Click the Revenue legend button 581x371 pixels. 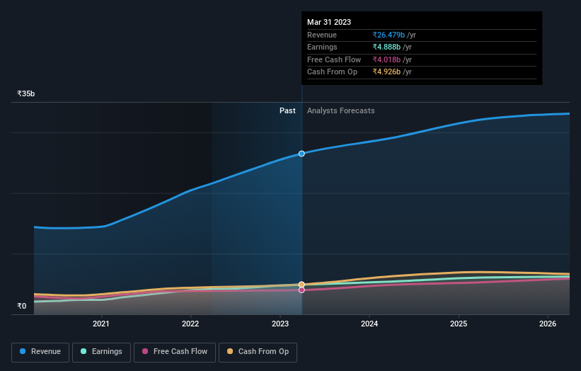[40, 352]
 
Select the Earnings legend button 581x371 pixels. [102, 352]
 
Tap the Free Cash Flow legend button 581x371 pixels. [174, 352]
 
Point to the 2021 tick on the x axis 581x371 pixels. [101, 324]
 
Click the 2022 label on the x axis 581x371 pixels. [190, 324]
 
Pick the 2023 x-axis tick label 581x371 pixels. [280, 324]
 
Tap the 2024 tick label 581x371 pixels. [369, 324]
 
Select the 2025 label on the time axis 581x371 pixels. [459, 324]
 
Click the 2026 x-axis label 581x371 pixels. [548, 324]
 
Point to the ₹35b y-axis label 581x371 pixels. [26, 93]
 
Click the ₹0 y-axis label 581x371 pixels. [21, 306]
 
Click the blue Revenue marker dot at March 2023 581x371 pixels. [302, 154]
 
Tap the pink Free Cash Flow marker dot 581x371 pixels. [302, 290]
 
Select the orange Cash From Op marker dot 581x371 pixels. [302, 284]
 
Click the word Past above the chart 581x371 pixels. [287, 110]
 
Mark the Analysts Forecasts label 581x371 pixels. [340, 110]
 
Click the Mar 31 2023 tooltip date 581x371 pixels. [329, 23]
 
